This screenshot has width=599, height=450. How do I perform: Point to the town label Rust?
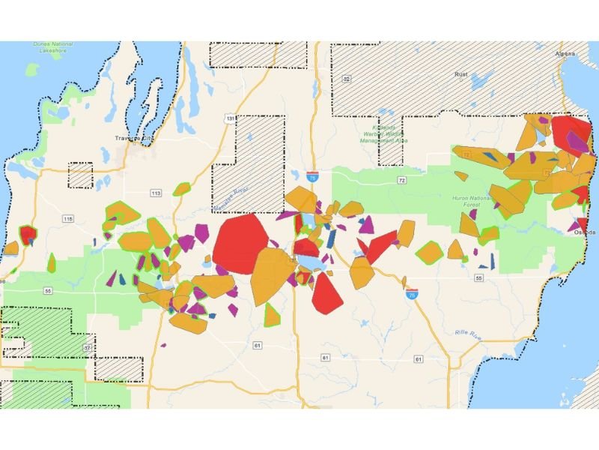[x=461, y=75]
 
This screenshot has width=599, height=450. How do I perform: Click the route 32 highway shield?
[x=346, y=79]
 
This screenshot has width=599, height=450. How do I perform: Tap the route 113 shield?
[x=156, y=193]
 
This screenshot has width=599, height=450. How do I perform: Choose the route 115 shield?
[x=68, y=218]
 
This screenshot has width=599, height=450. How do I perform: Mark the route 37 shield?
[x=88, y=348]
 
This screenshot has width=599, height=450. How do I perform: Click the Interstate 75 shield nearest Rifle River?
[x=412, y=297]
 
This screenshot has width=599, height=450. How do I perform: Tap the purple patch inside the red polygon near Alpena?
[x=575, y=140]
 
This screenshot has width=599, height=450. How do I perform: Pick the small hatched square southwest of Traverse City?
[x=80, y=175]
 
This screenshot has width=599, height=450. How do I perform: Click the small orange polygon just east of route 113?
[x=181, y=189]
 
